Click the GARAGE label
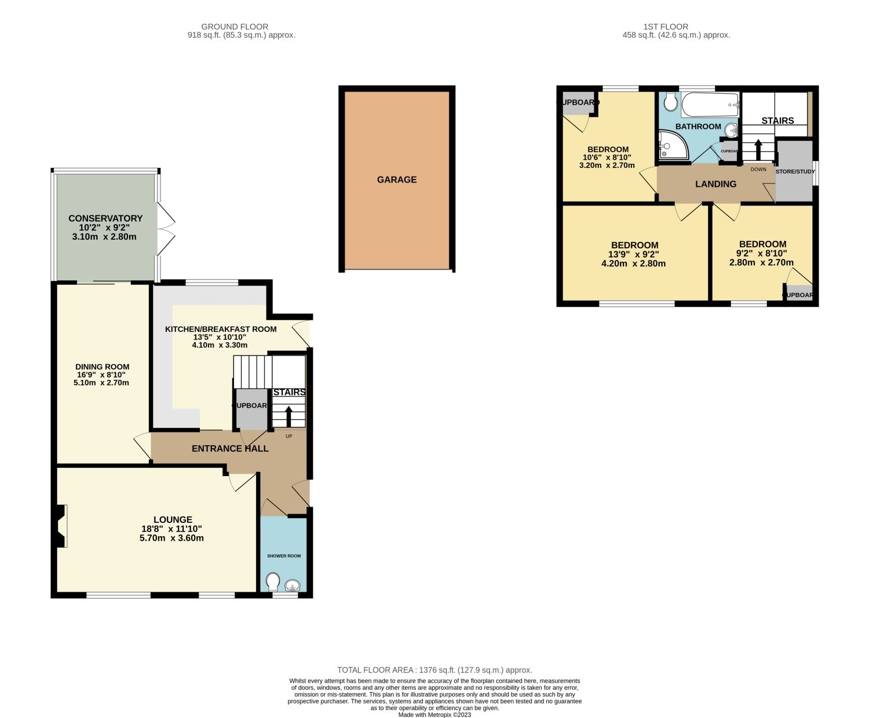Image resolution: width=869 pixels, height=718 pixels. (397, 179)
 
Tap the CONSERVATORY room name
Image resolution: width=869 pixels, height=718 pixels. (105, 218)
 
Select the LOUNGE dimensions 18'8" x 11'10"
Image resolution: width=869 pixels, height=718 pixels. (173, 529)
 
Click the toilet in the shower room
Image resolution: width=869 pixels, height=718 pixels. (273, 581)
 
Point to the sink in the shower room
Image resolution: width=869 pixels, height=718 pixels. (293, 585)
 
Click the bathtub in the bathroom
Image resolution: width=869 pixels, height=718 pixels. (710, 105)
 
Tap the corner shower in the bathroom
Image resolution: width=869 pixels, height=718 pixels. (671, 145)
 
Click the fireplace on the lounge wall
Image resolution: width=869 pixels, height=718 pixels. (61, 526)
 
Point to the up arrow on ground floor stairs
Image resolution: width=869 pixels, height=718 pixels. (289, 416)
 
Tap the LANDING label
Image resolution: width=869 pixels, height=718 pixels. (716, 184)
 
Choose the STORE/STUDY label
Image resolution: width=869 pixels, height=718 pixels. (795, 171)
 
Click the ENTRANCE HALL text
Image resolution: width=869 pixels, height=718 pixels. (230, 448)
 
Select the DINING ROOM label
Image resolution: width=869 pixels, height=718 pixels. (103, 367)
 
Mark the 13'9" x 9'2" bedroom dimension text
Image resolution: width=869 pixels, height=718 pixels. (634, 254)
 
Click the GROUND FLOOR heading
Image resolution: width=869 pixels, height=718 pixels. (235, 27)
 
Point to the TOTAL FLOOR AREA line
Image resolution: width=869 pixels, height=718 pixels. (434, 670)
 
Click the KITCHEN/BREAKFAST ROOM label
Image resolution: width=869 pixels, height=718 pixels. (221, 329)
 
